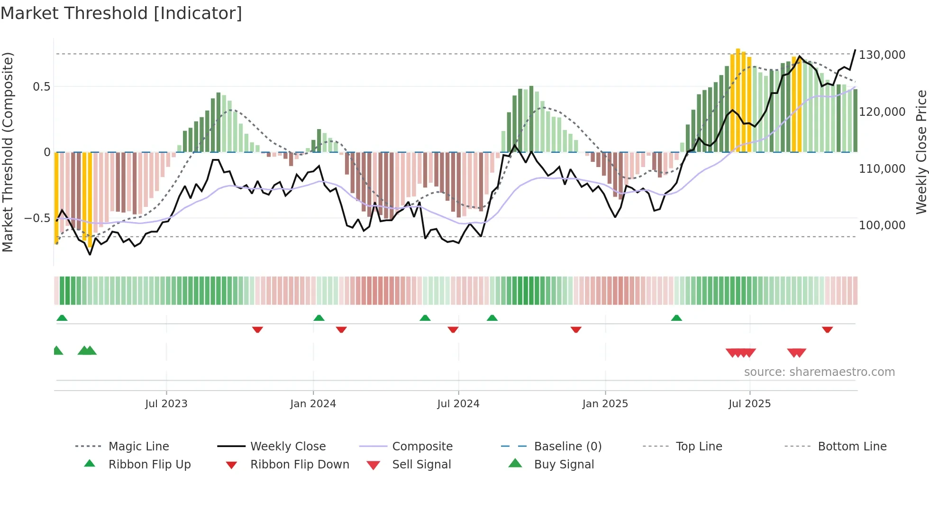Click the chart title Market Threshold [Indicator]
point(121,13)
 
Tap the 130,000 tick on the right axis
point(882,55)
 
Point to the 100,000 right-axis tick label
point(882,225)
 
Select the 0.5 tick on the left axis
point(41,87)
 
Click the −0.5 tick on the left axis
point(37,218)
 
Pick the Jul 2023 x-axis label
point(166,404)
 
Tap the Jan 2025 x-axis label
point(605,404)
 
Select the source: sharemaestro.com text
point(819,372)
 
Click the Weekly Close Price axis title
point(921,152)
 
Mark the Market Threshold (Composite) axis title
point(8,152)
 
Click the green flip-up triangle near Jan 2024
point(319,318)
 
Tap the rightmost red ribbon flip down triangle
point(828,329)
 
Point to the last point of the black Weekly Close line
point(856,50)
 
